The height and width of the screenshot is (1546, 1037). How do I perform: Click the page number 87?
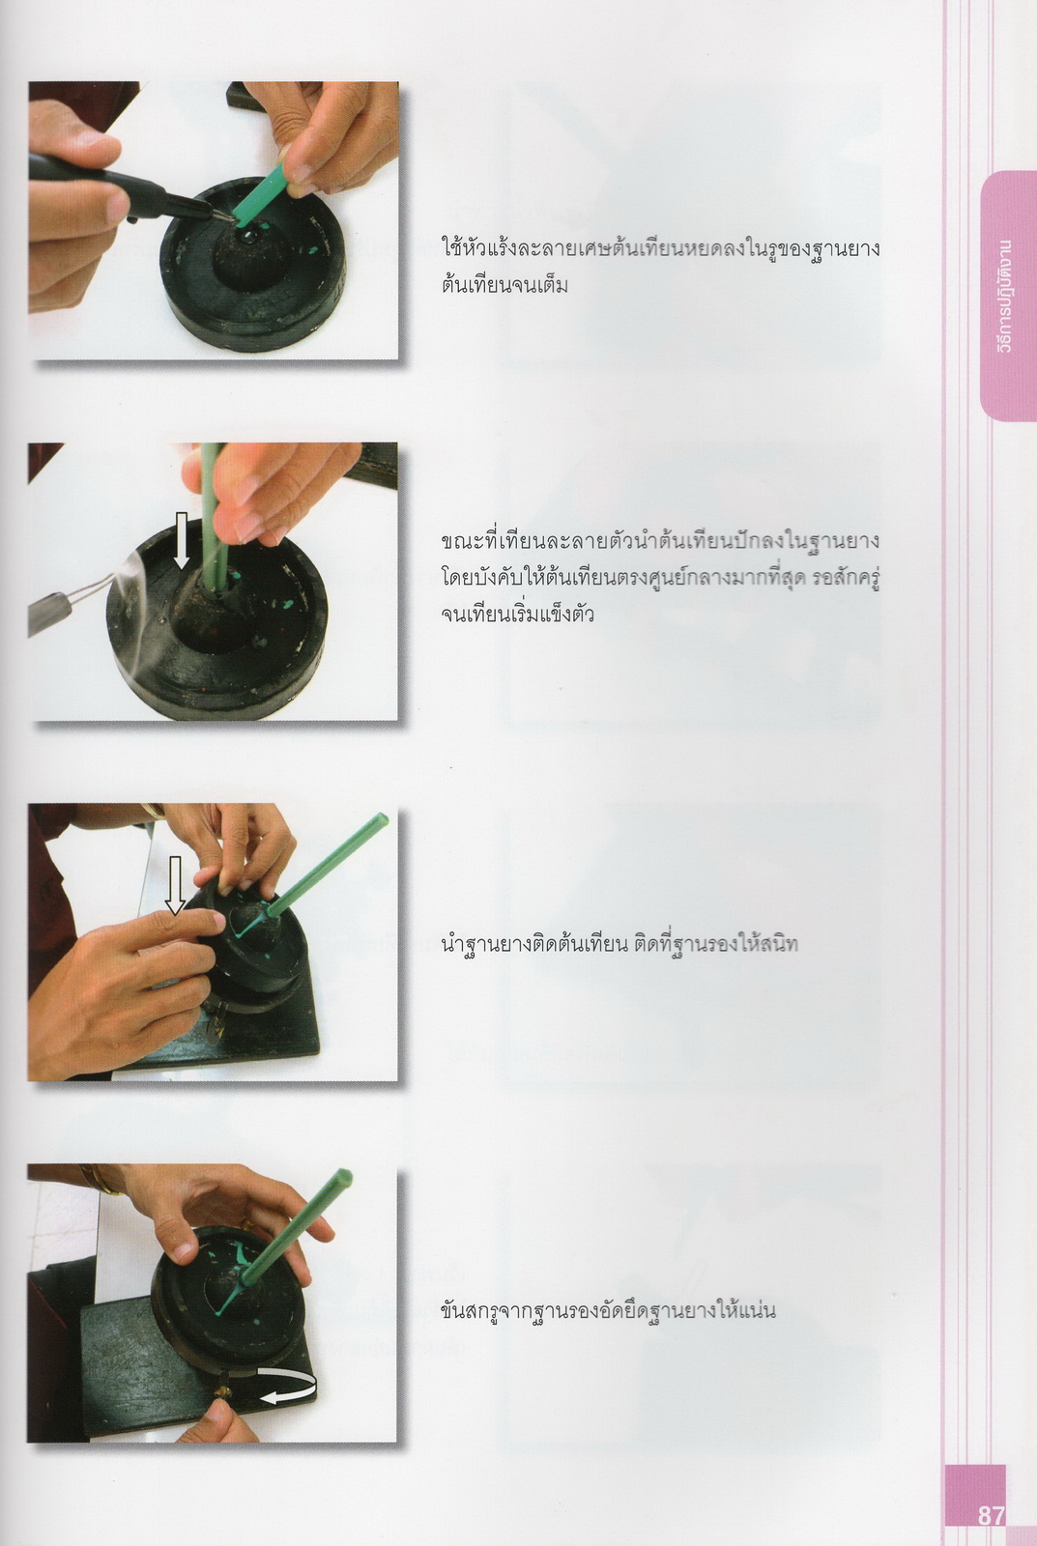(991, 1515)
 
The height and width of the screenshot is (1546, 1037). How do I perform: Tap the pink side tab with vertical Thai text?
(1008, 296)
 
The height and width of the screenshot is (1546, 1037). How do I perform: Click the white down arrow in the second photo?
(181, 540)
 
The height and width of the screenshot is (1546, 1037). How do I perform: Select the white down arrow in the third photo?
(175, 885)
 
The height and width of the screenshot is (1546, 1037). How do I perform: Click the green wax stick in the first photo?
(258, 192)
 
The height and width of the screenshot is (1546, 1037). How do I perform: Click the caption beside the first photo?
(660, 266)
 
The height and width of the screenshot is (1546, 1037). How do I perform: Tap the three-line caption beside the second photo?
(660, 578)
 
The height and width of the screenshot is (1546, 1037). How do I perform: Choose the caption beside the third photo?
(619, 943)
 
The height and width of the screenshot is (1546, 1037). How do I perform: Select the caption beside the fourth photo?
(608, 1309)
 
